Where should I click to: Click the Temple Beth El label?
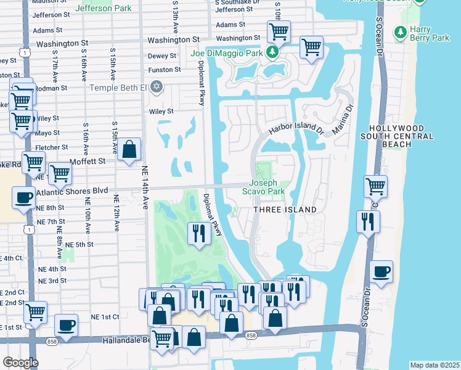118,88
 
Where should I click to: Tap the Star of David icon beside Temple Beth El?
157,87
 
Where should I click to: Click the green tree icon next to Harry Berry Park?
401,31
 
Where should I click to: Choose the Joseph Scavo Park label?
267,187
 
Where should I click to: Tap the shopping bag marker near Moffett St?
129,150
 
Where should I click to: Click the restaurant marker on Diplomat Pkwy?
198,234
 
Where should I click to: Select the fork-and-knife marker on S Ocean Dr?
368,222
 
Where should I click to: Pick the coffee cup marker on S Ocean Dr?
381,272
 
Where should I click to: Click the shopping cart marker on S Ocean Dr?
375,186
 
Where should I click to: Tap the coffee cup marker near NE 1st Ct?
66,326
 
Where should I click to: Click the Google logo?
20,363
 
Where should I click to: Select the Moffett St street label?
89,160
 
